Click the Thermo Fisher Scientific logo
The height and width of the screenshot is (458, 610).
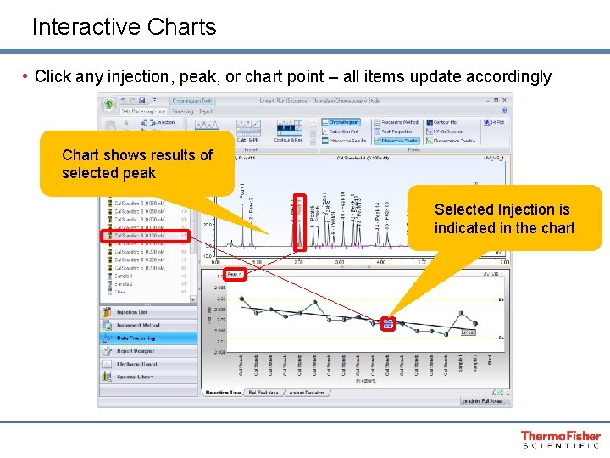(560, 438)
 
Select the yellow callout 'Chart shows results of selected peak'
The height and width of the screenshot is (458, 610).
(137, 164)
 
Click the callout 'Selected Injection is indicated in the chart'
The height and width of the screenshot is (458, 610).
(504, 219)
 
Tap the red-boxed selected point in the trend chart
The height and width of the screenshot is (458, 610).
(388, 323)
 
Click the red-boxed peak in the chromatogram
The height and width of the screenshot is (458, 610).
(298, 221)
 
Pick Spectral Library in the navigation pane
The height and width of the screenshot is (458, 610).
(136, 377)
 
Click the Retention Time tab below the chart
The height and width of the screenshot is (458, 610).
(224, 393)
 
